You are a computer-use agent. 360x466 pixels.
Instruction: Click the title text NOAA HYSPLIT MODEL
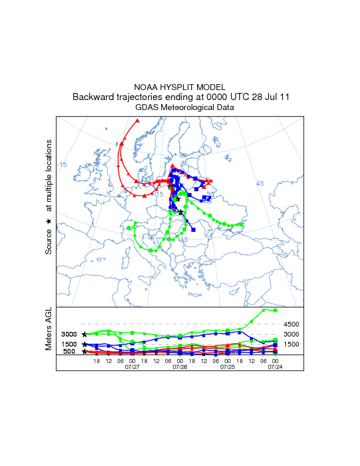click(180, 86)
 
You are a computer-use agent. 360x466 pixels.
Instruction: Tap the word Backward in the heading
click(93, 97)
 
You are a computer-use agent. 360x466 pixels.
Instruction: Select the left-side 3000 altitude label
click(69, 334)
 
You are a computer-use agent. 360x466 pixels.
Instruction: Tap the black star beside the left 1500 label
click(85, 344)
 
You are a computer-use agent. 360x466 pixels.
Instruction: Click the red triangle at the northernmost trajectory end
click(137, 121)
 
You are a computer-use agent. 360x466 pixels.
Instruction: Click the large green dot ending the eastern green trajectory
click(241, 224)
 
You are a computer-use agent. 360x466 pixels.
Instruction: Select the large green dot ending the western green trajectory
click(129, 228)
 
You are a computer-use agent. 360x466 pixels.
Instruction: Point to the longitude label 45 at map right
click(259, 184)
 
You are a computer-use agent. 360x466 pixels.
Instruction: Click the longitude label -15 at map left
click(62, 165)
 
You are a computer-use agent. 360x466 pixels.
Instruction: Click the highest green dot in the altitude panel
click(275, 310)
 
